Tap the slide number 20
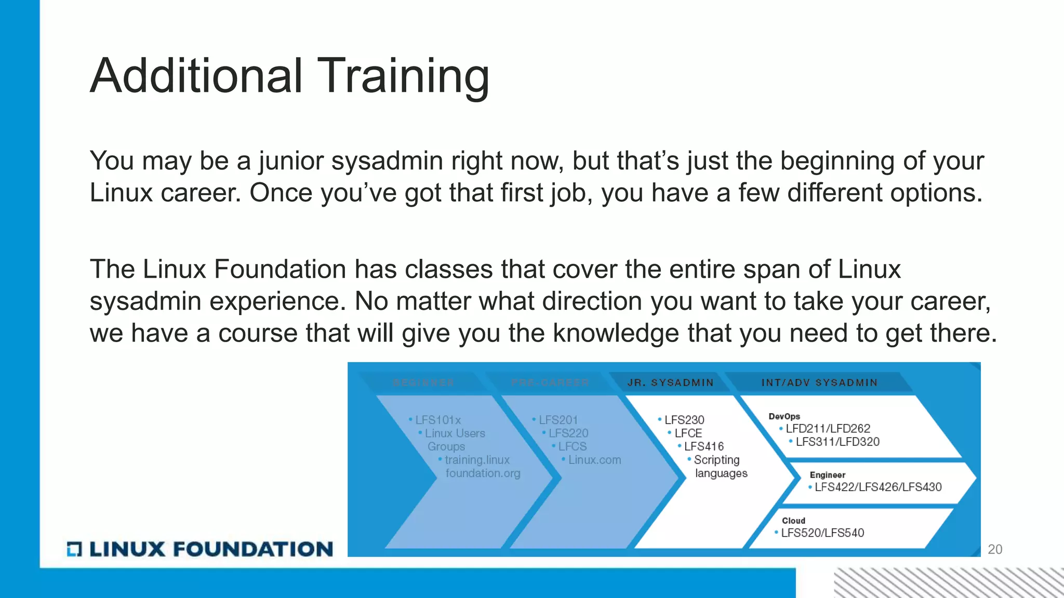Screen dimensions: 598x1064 tap(994, 549)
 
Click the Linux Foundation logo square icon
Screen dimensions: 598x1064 tap(74, 549)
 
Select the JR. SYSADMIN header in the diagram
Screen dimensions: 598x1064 tap(670, 383)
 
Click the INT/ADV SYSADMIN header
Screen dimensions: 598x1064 tap(819, 383)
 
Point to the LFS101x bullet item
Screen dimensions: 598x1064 tap(437, 420)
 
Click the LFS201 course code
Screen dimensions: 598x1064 tap(558, 420)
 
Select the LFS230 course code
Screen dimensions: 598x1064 tap(684, 420)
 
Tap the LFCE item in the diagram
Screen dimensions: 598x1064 tap(688, 433)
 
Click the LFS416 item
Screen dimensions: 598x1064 tap(703, 446)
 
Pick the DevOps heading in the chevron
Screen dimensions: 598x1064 tap(784, 416)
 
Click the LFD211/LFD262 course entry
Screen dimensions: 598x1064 tap(828, 429)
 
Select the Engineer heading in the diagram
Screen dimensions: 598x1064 tap(827, 475)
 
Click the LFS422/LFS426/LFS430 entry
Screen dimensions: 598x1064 tap(877, 487)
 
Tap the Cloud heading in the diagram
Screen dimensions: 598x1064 tap(793, 521)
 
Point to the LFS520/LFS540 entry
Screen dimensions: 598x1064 tap(822, 533)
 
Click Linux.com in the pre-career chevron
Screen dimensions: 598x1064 tap(594, 460)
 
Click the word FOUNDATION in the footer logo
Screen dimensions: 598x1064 tap(252, 549)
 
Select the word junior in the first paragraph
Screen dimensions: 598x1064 tap(290, 161)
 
